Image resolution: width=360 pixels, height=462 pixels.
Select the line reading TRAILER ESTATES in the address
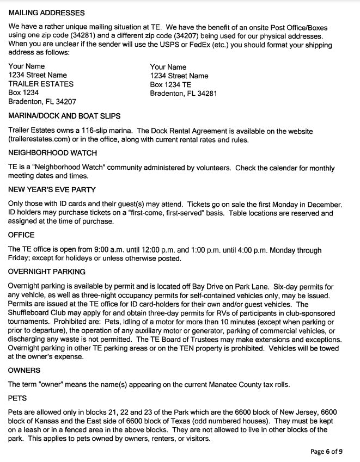point(41,84)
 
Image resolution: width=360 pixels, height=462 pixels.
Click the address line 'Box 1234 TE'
point(170,84)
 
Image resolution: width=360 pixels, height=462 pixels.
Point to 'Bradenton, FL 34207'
point(42,101)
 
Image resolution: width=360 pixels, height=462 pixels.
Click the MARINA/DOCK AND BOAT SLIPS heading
point(64,116)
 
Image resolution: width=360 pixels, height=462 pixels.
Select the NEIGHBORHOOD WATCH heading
point(52,153)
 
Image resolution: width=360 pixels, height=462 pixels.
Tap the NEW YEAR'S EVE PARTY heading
point(52,190)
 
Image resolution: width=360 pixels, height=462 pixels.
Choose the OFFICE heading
point(21,235)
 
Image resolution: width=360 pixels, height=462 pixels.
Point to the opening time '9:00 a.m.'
point(111,250)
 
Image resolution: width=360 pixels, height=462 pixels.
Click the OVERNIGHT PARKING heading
point(47,272)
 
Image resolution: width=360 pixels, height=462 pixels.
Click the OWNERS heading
point(24,370)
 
